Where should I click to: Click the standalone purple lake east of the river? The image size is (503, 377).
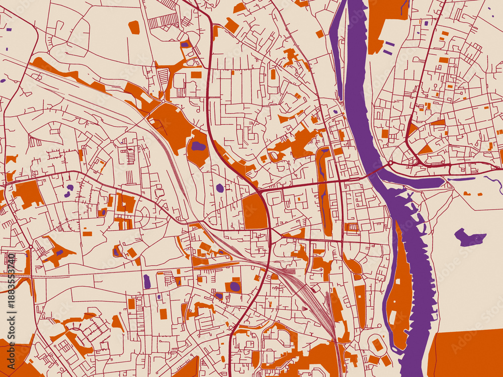point(469,237)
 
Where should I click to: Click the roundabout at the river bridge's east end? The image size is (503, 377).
point(390,163)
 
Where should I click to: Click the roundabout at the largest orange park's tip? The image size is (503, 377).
point(162,102)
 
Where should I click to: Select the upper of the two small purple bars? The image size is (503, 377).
point(389,44)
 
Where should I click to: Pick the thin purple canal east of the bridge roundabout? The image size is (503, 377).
point(461,178)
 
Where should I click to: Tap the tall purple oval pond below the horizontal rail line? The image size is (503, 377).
point(147,281)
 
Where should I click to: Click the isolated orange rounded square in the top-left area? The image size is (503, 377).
point(134,27)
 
